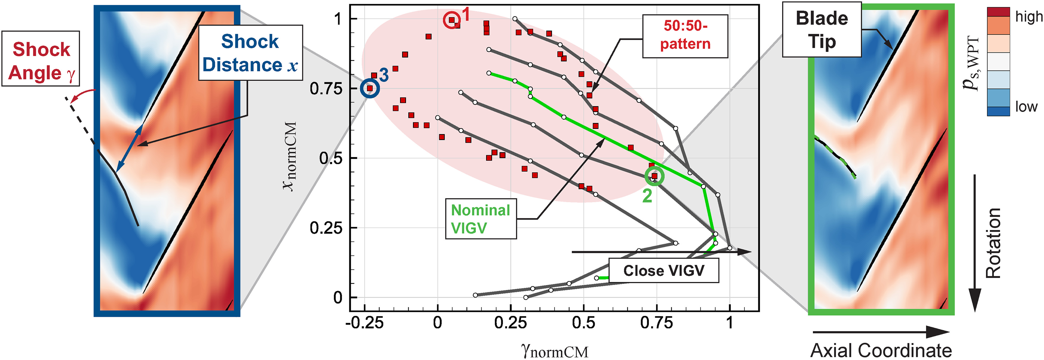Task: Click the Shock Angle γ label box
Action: point(41,59)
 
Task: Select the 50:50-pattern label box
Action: point(685,36)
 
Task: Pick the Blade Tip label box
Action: point(822,30)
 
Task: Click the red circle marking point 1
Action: point(452,20)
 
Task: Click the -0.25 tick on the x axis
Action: point(364,323)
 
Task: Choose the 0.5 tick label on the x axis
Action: point(584,323)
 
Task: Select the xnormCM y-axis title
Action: point(290,156)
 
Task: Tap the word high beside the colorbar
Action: point(1029,17)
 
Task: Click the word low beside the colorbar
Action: point(1026,107)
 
